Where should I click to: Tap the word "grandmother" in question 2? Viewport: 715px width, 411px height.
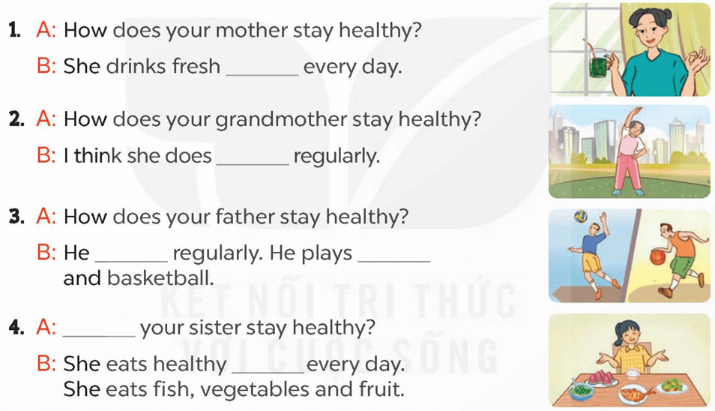[281, 119]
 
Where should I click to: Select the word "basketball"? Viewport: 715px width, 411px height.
[160, 278]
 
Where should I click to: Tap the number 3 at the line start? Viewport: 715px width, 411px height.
[16, 216]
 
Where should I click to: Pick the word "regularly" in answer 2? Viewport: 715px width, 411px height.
[337, 157]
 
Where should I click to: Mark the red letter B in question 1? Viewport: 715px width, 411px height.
[46, 67]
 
